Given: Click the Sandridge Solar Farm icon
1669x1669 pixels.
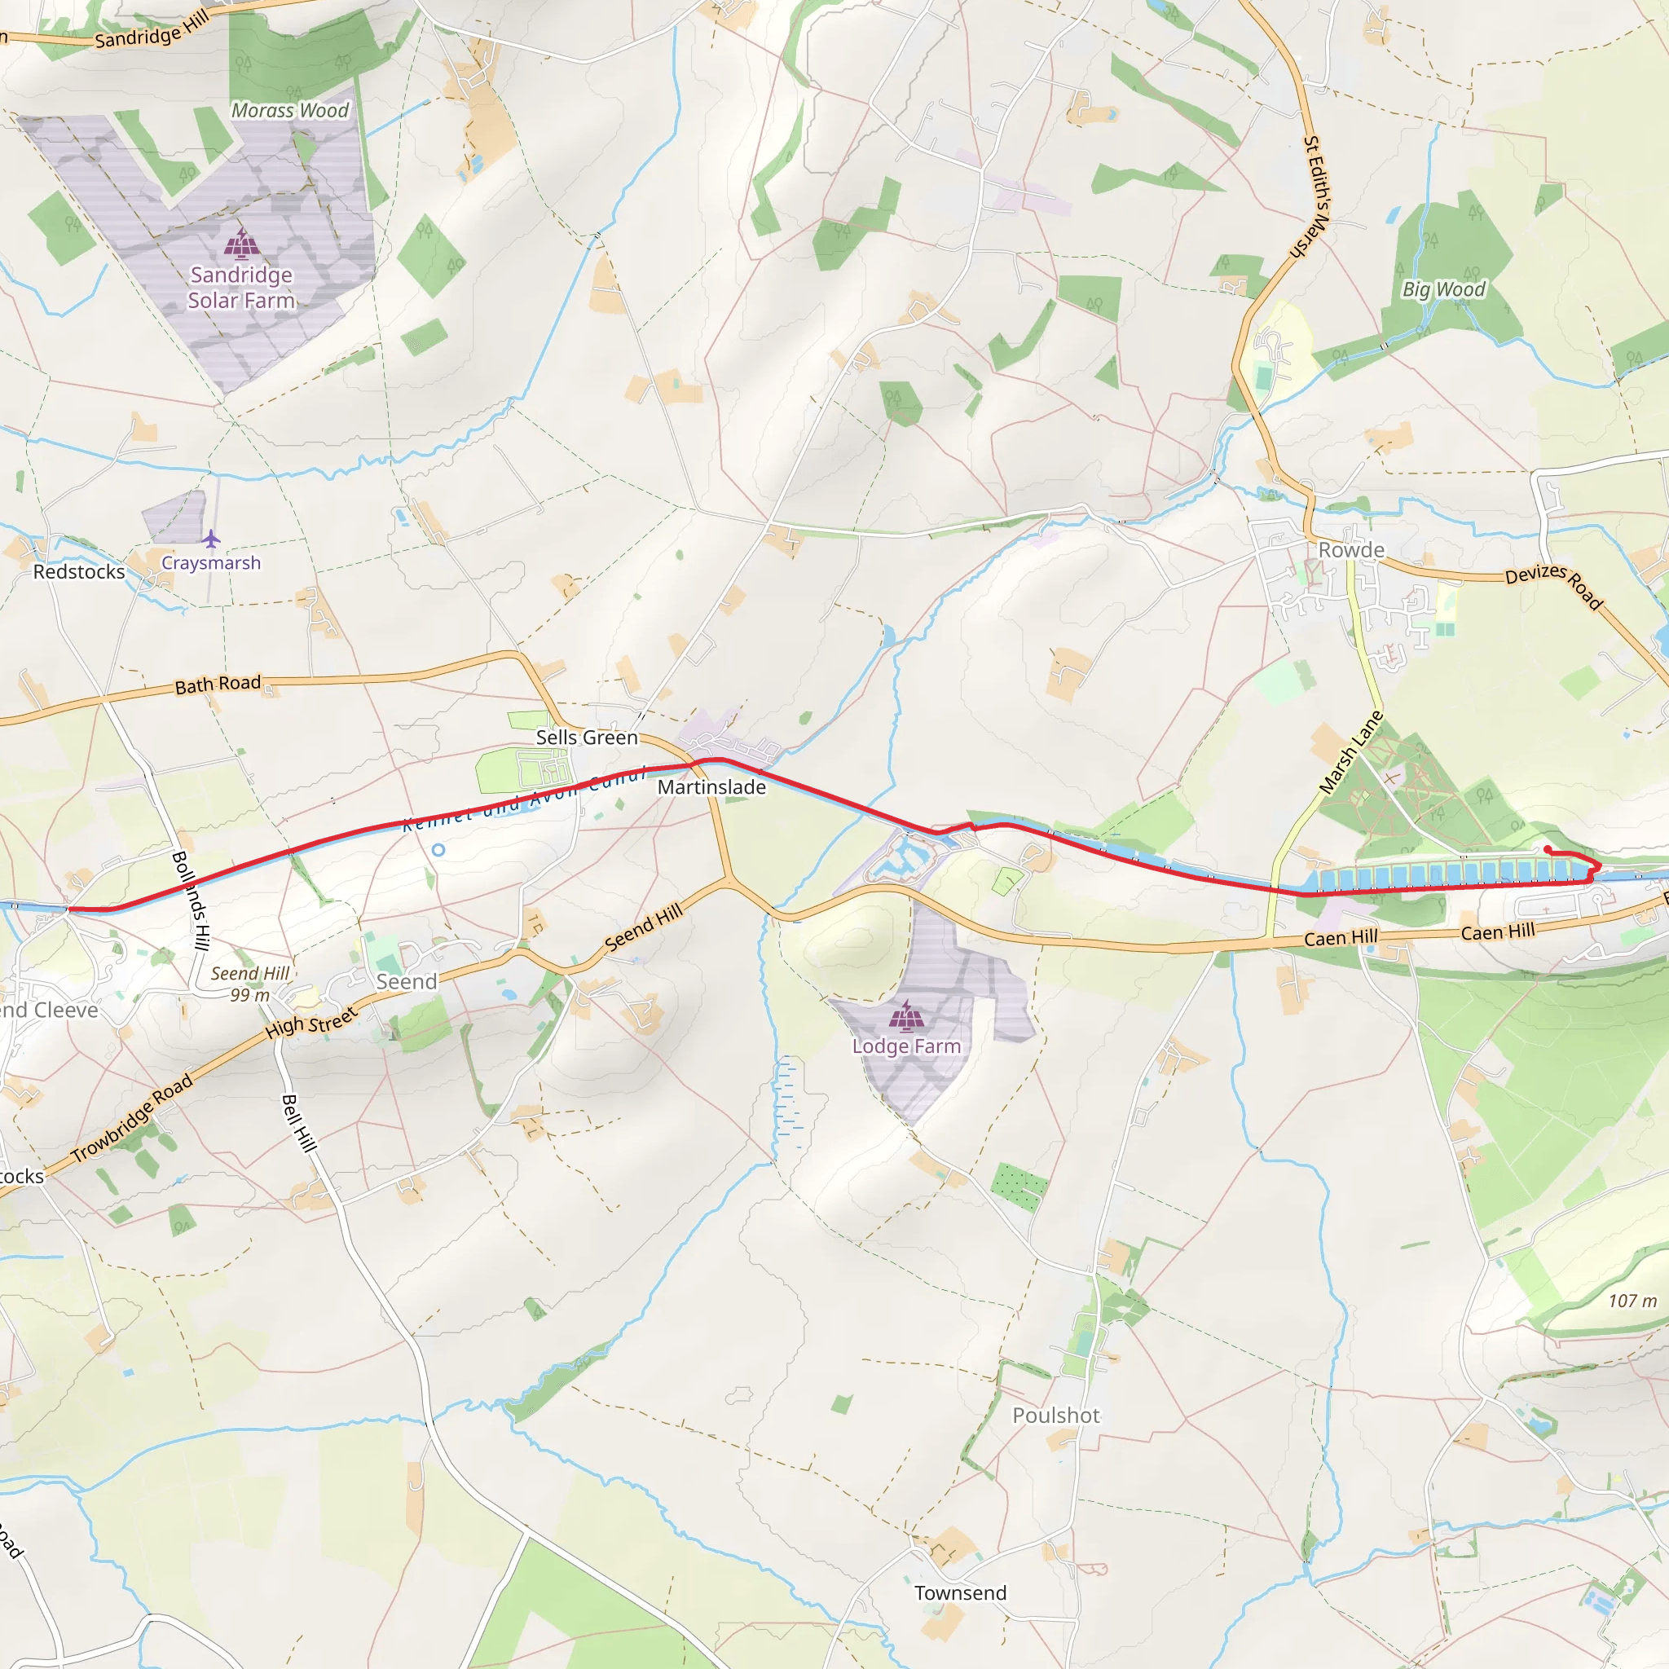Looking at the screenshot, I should click(241, 244).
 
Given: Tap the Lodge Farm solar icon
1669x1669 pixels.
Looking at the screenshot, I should click(905, 1016).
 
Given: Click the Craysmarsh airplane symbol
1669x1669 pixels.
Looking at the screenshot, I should click(212, 540).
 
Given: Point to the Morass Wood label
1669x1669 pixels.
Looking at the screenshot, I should click(290, 111).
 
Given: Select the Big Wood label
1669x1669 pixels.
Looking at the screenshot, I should click(1443, 289).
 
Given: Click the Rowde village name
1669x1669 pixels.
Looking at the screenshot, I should click(1351, 550).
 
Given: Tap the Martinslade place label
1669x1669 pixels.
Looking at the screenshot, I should click(711, 787).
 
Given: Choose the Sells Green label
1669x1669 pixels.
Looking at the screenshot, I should click(587, 738).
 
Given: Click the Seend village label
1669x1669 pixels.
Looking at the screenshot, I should click(406, 982).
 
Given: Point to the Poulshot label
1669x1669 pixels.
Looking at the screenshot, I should click(1055, 1415).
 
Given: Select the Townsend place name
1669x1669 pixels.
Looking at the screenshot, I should click(961, 1593).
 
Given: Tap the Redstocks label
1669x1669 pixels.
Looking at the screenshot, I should click(78, 572).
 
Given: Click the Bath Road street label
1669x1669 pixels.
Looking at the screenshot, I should click(218, 685).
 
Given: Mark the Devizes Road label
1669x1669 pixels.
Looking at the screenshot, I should click(1553, 585).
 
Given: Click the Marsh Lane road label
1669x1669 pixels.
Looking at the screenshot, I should click(1351, 752).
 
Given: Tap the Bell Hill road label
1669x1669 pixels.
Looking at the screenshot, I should click(299, 1123).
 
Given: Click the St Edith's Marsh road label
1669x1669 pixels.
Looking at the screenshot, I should click(1315, 196).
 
